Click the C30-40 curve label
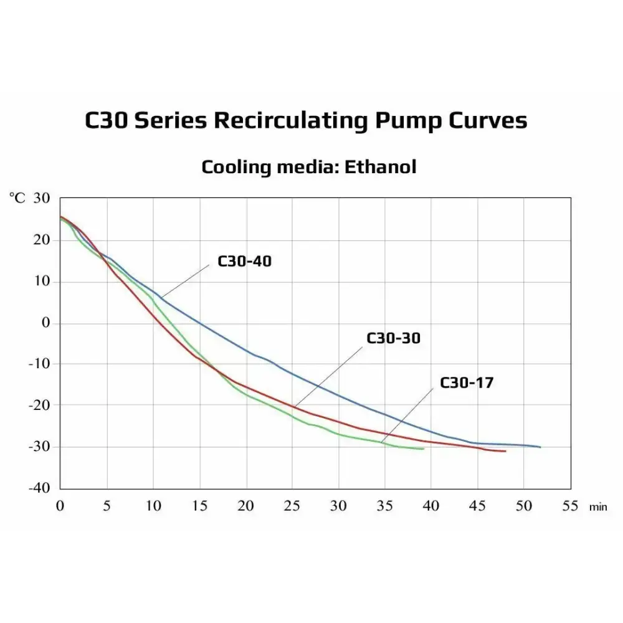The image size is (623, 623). pyautogui.click(x=244, y=261)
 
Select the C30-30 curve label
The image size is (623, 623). pyautogui.click(x=393, y=338)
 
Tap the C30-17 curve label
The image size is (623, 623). pyautogui.click(x=467, y=383)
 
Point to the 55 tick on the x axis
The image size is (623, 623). pyautogui.click(x=569, y=506)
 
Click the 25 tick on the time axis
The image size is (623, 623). pyautogui.click(x=292, y=506)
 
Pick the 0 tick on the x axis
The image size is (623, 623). pyautogui.click(x=60, y=506)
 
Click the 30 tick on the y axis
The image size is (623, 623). pyautogui.click(x=40, y=198)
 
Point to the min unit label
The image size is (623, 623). pyautogui.click(x=597, y=507)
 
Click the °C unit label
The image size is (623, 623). pyautogui.click(x=17, y=198)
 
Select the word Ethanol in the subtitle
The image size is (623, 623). pyautogui.click(x=380, y=167)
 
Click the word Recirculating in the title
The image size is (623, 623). pyautogui.click(x=290, y=120)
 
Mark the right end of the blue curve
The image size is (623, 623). pyautogui.click(x=540, y=447)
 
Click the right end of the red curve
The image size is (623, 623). pyautogui.click(x=505, y=451)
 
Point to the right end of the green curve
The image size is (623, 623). pyautogui.click(x=424, y=449)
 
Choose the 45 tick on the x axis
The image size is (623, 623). pyautogui.click(x=477, y=506)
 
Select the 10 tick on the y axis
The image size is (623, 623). pyautogui.click(x=40, y=282)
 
